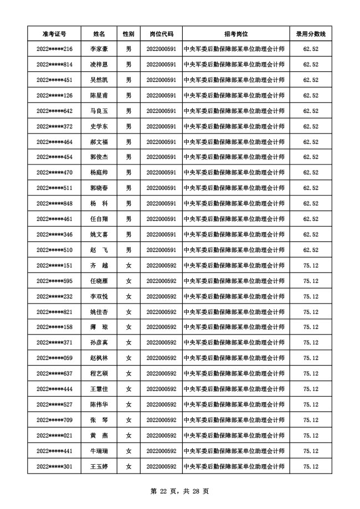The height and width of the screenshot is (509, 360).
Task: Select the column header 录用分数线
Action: pos(311,34)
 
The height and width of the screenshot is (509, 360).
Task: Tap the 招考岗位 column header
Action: pos(236,34)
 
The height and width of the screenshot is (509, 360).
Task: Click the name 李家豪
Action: pos(99,49)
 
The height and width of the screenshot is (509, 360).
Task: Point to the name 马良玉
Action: pos(99,111)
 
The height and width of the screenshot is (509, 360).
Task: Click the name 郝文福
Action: pos(99,142)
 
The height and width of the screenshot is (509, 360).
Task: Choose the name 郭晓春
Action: pos(99,188)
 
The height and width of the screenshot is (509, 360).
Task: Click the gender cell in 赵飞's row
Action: pos(128,250)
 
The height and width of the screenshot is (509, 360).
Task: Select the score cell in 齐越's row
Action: pos(311,266)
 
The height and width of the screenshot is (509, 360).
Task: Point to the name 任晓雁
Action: pos(99,281)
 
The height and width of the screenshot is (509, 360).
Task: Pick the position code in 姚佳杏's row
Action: pos(161,312)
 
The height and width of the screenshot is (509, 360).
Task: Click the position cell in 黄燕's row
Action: pos(236,436)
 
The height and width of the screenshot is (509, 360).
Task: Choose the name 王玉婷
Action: pos(99,467)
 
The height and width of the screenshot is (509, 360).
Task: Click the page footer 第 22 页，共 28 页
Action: pos(179,491)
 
